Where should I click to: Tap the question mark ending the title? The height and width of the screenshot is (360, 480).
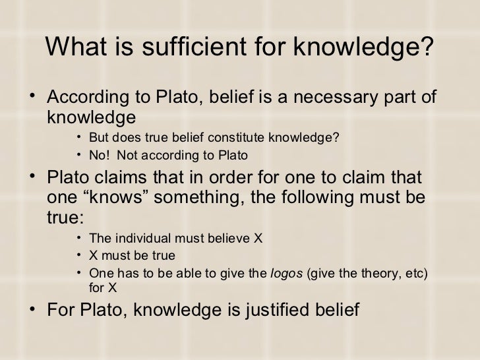[429, 47]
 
